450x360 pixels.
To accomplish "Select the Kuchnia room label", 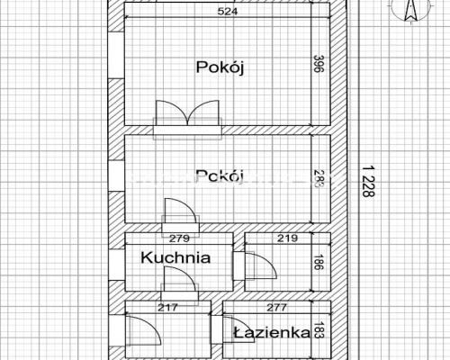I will tap(175, 257).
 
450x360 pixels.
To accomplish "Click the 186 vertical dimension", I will tap(317, 263).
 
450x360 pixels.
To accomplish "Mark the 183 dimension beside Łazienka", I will tap(317, 331).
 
